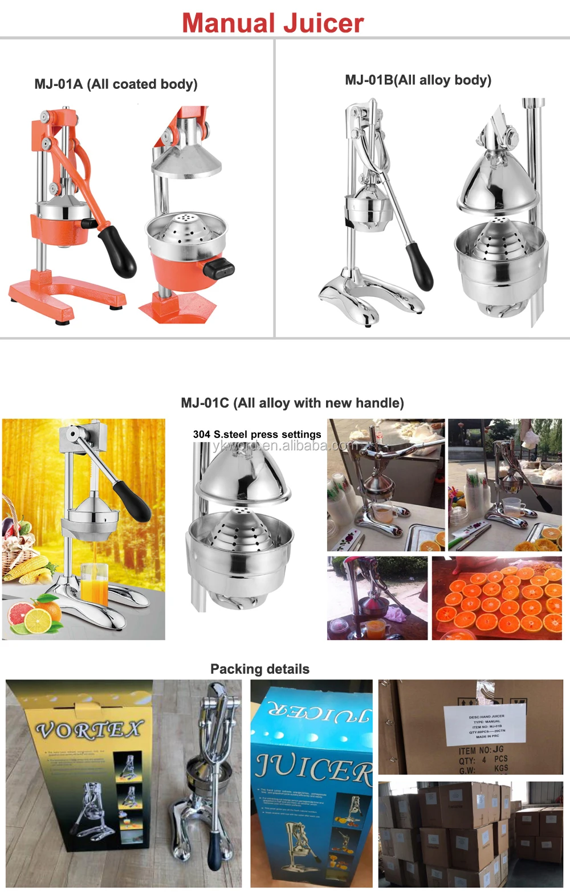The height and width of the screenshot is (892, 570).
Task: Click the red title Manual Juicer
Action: tap(272, 23)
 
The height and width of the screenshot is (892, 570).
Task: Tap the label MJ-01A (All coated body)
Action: tap(116, 84)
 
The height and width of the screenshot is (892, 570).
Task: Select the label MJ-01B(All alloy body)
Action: tap(418, 80)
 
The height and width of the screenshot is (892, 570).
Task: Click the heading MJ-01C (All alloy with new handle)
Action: tap(292, 403)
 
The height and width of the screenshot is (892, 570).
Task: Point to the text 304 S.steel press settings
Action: tap(257, 435)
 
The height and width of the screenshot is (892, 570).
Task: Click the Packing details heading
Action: tap(260, 669)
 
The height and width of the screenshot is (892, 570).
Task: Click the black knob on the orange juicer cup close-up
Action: tap(219, 268)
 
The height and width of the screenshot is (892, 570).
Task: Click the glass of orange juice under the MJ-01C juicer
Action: tap(93, 584)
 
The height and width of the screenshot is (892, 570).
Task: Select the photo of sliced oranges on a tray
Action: tap(497, 599)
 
